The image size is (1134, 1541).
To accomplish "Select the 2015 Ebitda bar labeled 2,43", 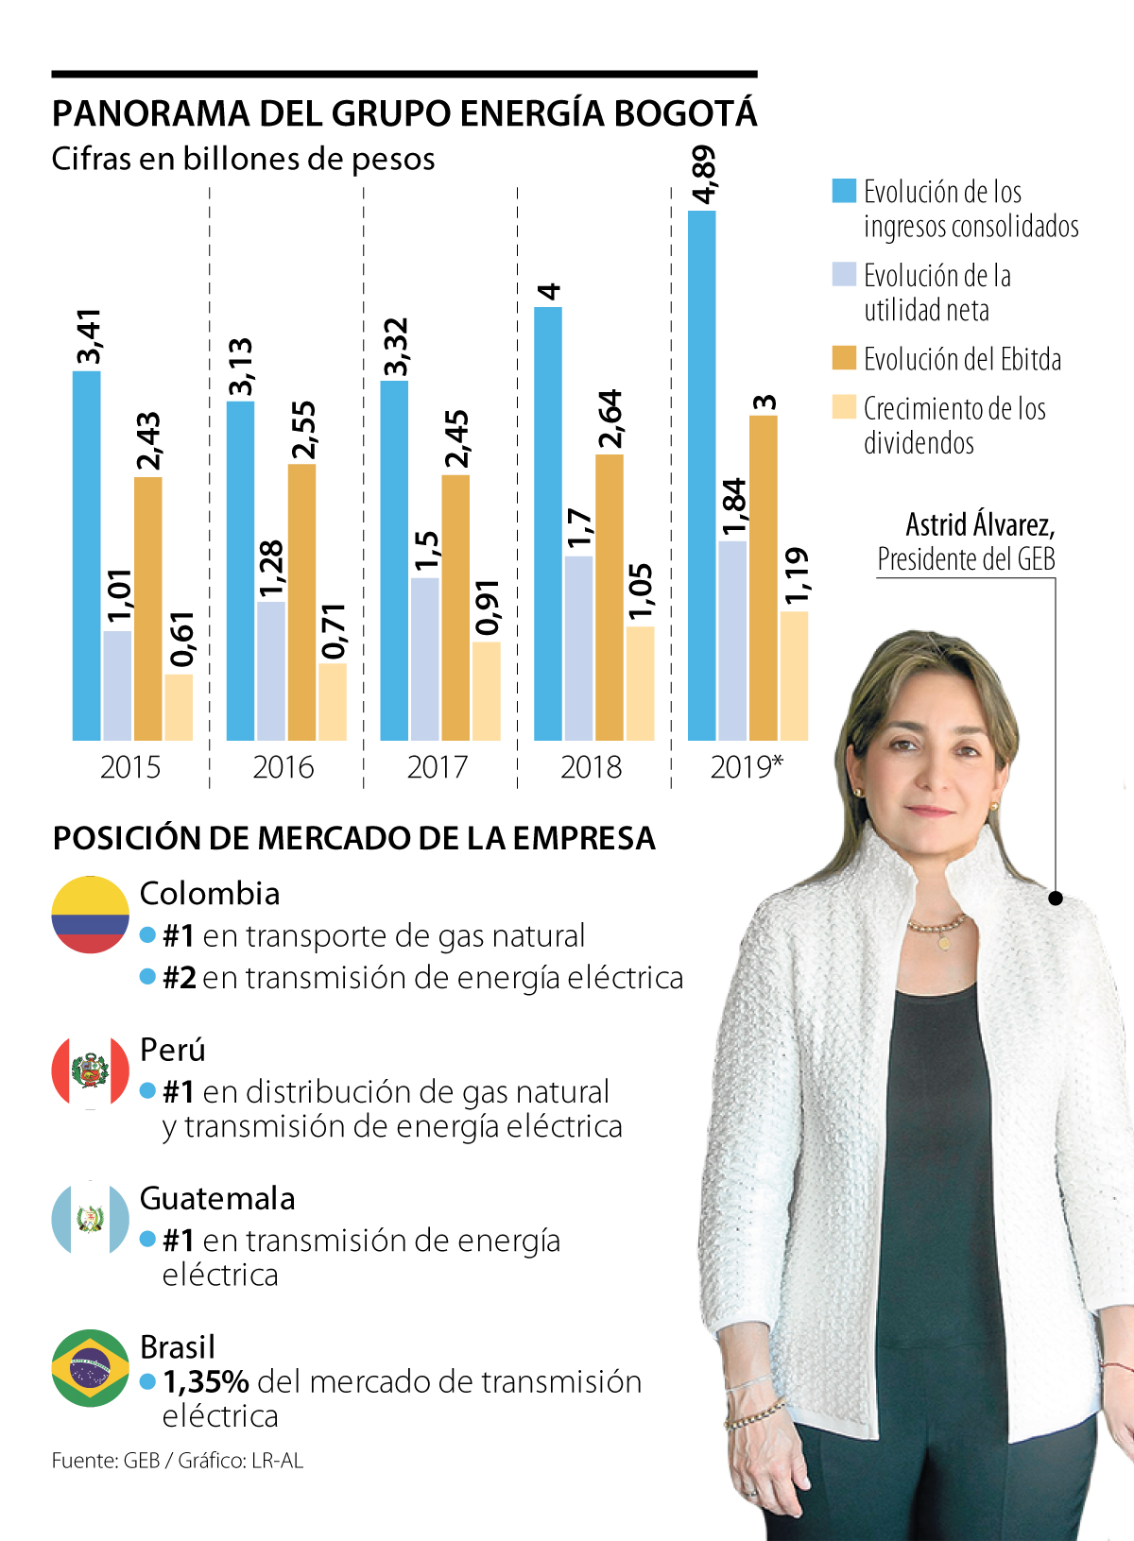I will pos(148,608).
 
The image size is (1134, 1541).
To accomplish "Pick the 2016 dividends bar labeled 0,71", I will pos(333,702).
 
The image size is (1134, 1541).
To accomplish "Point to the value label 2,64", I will pos(610,419).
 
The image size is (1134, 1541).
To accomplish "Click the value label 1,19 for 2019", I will pos(796,575).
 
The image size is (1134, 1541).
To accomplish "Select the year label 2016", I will pos(283,766).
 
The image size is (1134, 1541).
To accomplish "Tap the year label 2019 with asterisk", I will pos(747,766).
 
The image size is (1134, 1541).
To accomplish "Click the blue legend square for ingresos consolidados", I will pos(844,191).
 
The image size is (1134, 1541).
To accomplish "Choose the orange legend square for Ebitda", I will pos(844,358).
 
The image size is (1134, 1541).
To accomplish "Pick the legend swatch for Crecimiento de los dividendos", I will pos(844,407).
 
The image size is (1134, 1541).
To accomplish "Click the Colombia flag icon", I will pos(91,915).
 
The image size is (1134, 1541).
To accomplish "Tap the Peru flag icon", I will pos(91,1070).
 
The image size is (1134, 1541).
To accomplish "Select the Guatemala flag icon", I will pos(91,1219).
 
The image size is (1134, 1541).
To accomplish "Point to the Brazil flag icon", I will pos(91,1368).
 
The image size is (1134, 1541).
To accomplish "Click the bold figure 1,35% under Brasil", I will pos(206,1381).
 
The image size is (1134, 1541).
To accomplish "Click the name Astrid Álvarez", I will pos(980,524).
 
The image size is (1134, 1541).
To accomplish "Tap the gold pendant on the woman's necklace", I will pos(942,942).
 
